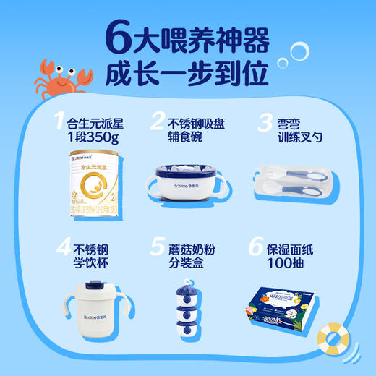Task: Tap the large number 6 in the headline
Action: [119, 36]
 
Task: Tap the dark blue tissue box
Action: [282, 301]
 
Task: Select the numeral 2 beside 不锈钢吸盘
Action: [155, 124]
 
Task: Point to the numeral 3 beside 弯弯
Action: [264, 124]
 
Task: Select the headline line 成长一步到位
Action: [187, 74]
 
